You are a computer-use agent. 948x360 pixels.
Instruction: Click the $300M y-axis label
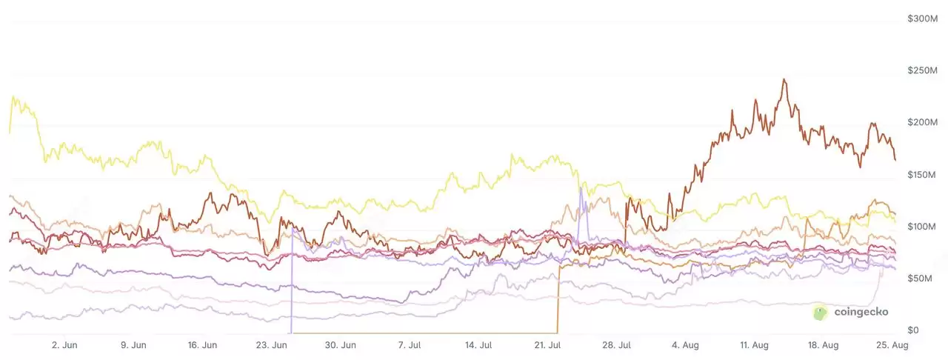coord(923,18)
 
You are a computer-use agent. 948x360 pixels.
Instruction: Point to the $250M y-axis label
coord(923,70)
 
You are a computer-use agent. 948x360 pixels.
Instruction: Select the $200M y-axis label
coord(923,122)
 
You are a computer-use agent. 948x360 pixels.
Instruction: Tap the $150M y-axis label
coord(923,174)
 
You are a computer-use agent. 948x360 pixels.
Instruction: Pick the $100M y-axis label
coord(923,226)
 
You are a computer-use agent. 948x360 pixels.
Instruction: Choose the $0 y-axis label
coord(913,330)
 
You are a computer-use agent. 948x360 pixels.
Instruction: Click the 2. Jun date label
coord(64,345)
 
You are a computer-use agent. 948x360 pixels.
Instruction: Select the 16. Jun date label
coord(203,345)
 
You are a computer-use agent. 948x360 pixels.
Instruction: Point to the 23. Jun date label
coord(272,345)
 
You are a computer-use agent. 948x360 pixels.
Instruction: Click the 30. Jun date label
coord(341,345)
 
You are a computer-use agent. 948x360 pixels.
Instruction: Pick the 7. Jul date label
coord(410,345)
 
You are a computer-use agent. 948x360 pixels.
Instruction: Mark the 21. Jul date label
coord(549,345)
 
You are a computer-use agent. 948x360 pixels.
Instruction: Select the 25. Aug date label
coord(892,345)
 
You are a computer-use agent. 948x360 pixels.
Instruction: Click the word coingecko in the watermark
coord(861,313)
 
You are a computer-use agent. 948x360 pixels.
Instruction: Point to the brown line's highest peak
coord(784,79)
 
